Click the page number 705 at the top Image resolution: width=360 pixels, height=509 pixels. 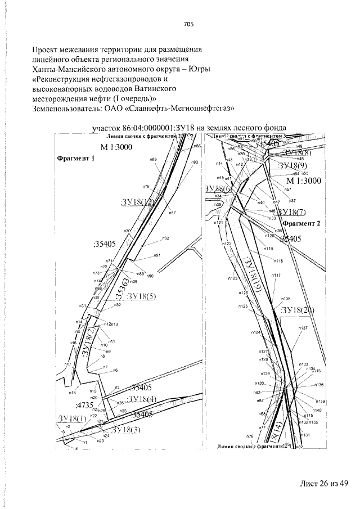[188, 24]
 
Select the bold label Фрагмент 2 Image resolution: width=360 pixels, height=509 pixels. [301, 223]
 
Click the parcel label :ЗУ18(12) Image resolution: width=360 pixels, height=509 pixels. [137, 202]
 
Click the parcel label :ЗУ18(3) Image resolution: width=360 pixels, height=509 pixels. [127, 430]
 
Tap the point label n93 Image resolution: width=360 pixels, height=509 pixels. [195, 162]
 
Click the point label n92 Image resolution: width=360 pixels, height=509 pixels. [166, 238]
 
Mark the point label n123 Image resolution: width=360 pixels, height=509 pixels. [233, 278]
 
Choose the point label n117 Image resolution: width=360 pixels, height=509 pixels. [276, 275]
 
